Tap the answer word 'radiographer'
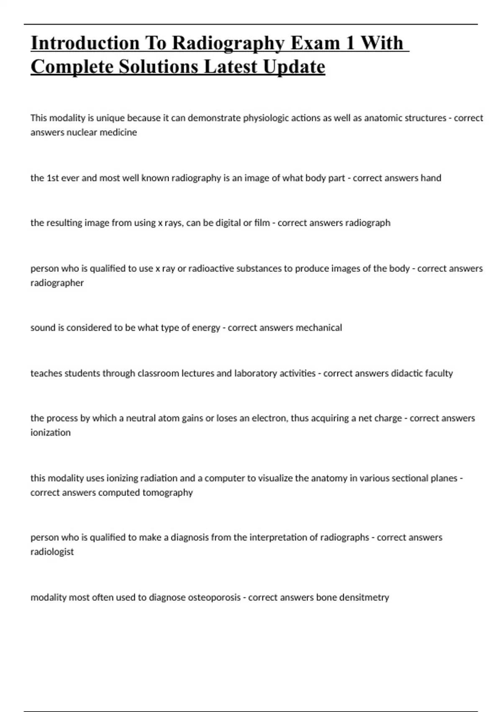57,283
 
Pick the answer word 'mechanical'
319,328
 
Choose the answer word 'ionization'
50,433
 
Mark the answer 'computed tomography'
146,493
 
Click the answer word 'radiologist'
52,552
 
